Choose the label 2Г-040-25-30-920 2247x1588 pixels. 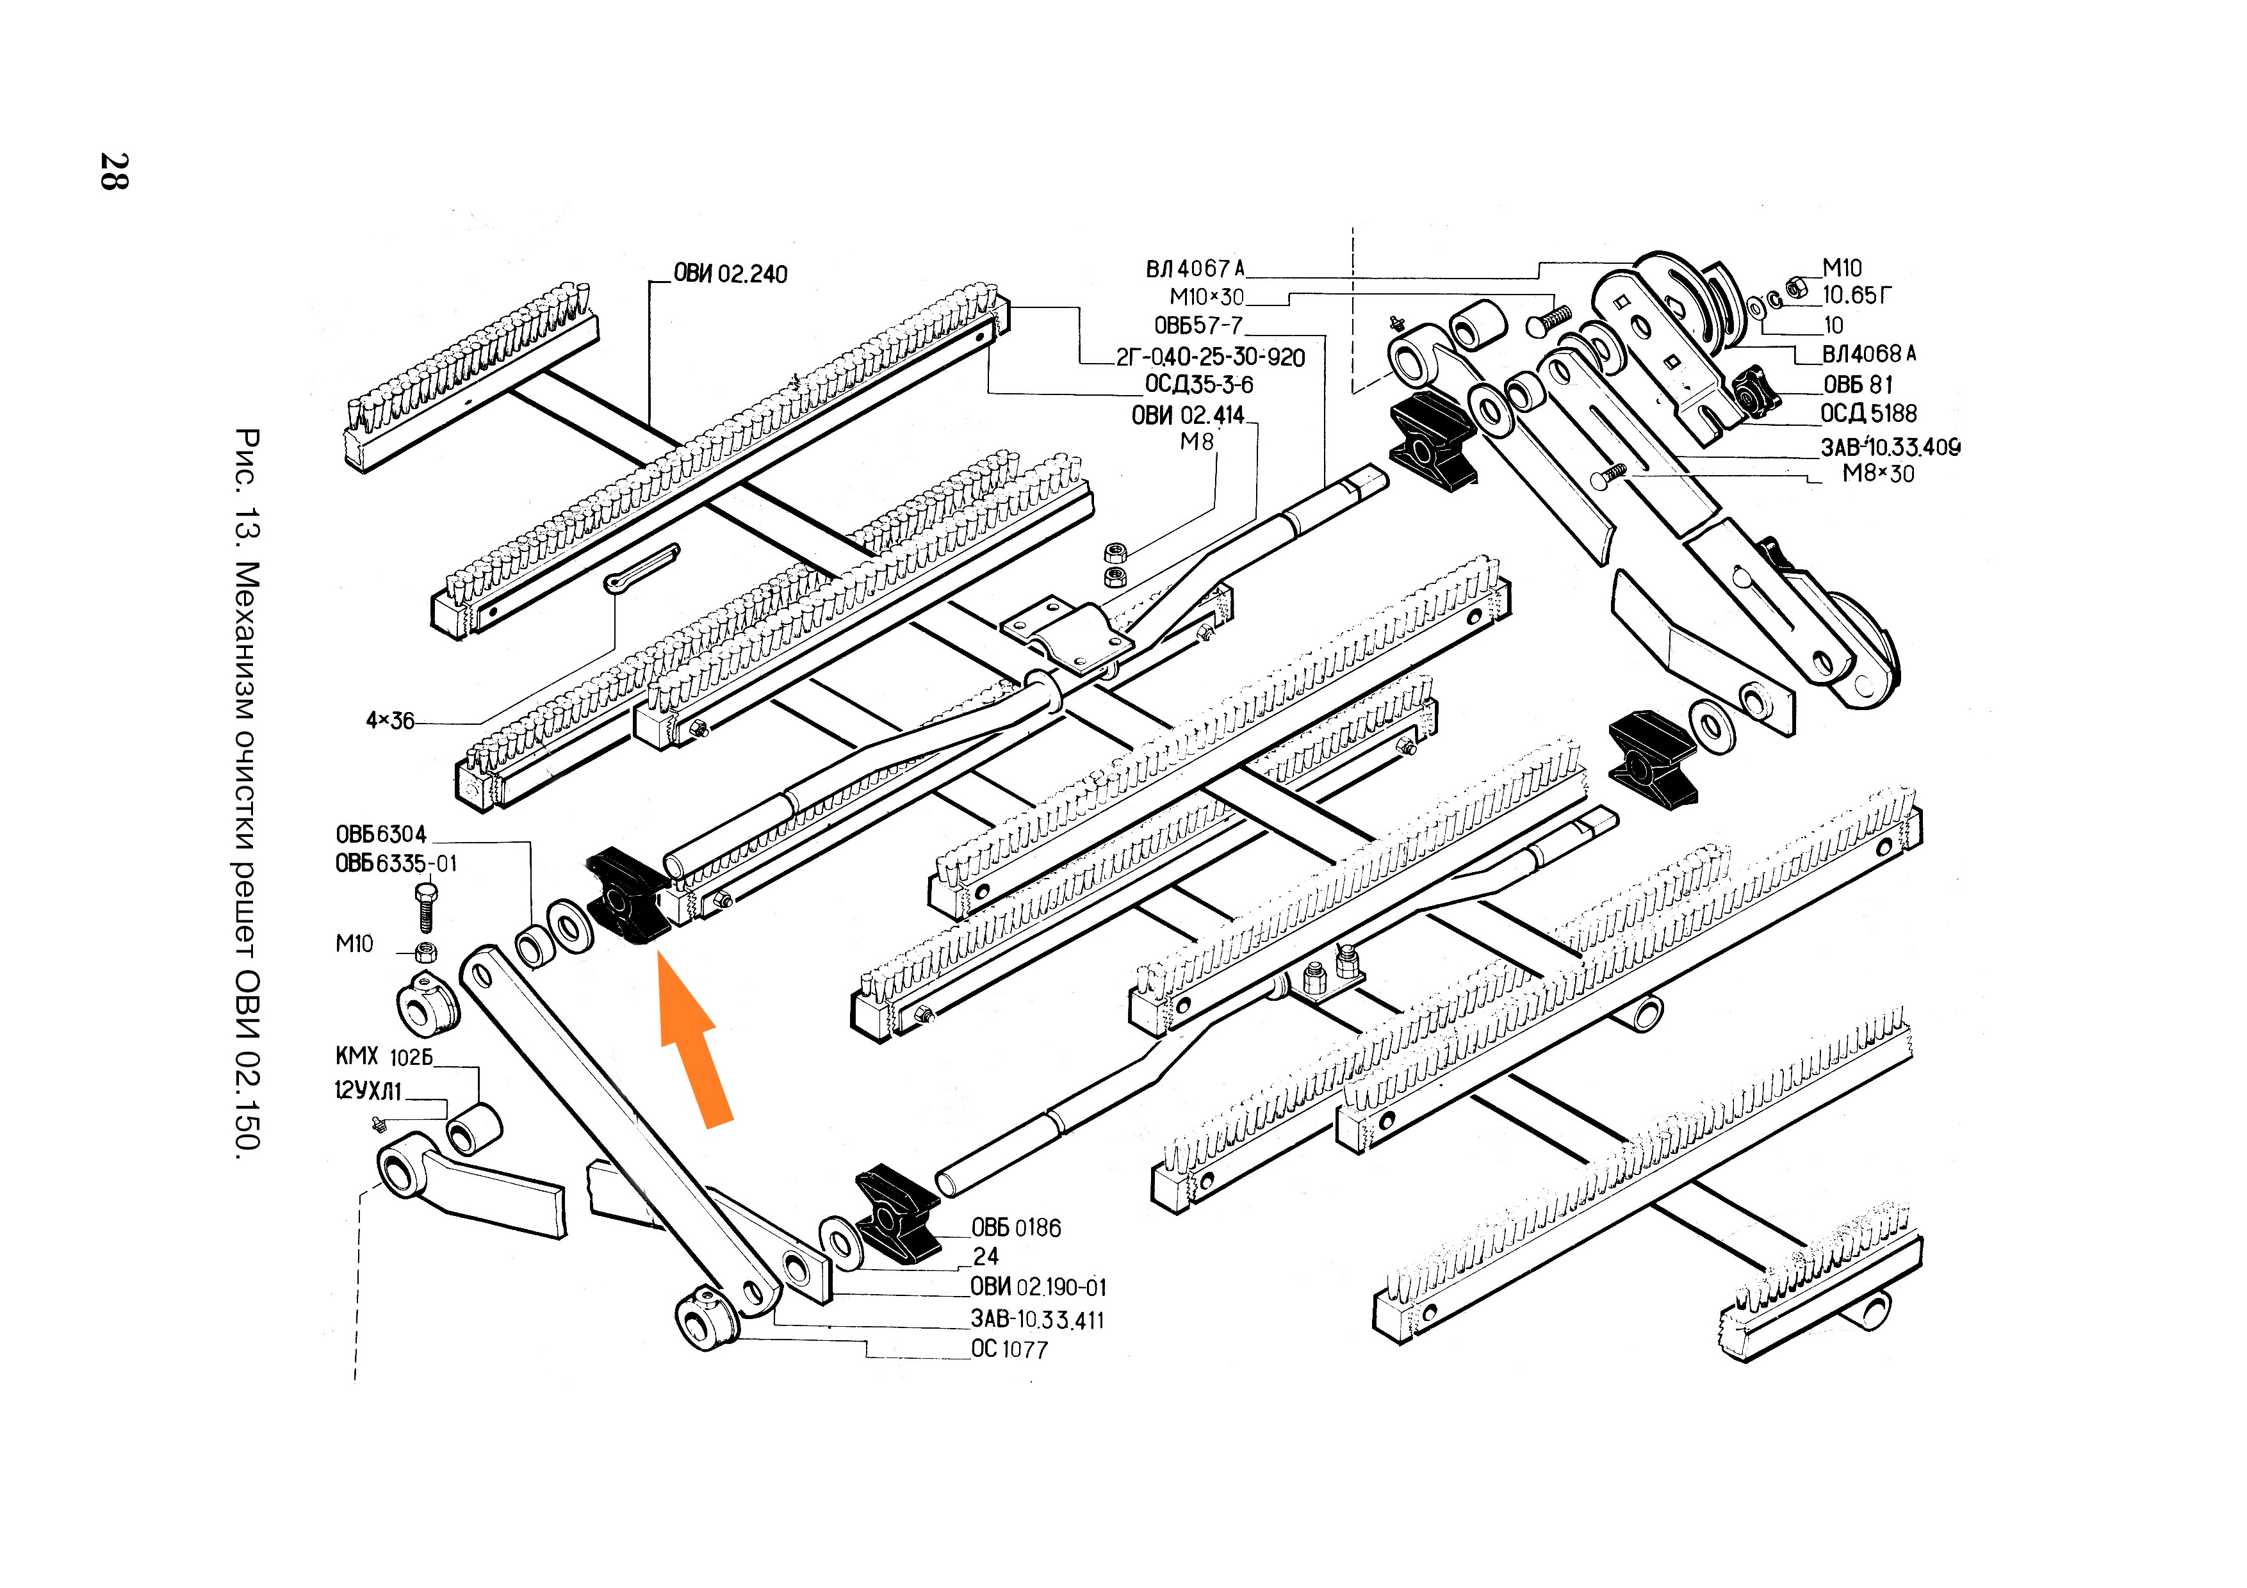coord(1211,357)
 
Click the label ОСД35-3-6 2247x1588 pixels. coord(1199,385)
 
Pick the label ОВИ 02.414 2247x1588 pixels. coord(1187,415)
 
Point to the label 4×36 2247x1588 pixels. coord(389,721)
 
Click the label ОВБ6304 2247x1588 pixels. coord(380,834)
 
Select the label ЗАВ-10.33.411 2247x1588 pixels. coord(1038,1320)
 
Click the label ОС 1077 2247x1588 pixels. coord(1009,1349)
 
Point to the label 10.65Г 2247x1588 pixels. coord(1856,295)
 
